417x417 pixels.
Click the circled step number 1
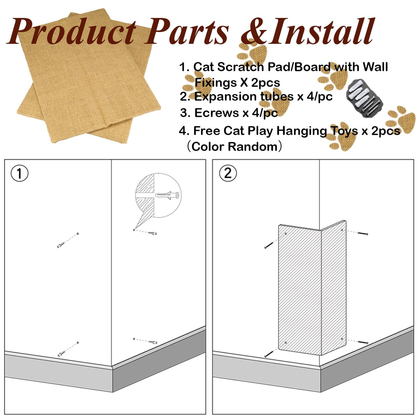coord(19,174)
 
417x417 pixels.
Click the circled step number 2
coord(228,174)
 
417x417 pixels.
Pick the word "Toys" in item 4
coord(344,131)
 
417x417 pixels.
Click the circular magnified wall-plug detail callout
coord(158,195)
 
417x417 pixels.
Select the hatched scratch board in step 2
coord(312,289)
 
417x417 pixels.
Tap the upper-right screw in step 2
coord(363,233)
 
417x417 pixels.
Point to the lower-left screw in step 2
coord(269,354)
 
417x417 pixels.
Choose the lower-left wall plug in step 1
coord(62,353)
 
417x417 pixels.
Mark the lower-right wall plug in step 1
coord(153,342)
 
